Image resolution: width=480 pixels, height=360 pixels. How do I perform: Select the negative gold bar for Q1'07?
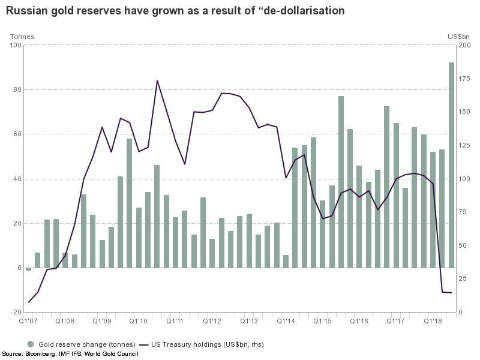28,269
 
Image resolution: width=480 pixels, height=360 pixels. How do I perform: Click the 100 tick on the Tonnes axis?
16,45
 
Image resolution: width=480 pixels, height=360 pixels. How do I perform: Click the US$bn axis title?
459,37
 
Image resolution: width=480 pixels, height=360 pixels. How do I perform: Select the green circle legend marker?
31,344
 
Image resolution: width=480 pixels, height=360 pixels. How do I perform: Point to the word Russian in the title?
27,11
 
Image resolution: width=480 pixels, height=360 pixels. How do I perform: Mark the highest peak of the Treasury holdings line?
157,80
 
